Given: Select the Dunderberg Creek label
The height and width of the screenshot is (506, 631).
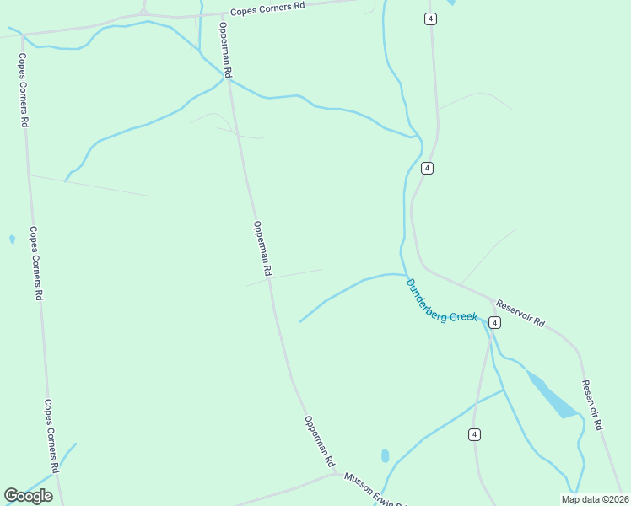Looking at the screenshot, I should click(441, 301).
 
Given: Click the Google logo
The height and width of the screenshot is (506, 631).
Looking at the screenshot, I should click(28, 496).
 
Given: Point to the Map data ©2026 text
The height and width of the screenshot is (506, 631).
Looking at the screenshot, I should click(595, 498).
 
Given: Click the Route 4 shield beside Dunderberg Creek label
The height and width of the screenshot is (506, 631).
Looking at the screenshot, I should click(494, 322).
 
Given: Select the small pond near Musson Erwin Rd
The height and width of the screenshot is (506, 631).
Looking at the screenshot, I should click(386, 456).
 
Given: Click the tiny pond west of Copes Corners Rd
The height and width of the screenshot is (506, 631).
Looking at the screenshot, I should click(12, 240).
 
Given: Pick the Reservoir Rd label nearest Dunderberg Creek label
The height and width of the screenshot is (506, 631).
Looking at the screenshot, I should click(520, 313).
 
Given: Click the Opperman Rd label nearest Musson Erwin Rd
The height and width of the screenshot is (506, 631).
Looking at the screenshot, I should click(320, 442).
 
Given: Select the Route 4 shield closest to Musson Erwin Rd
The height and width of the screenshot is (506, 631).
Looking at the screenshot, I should click(475, 434).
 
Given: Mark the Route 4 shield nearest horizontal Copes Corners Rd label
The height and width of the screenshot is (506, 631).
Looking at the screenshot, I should click(430, 19).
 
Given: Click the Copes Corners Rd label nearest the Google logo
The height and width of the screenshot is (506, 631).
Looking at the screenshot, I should click(51, 436).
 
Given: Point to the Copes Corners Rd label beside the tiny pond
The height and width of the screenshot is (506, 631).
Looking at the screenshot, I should click(35, 263).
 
